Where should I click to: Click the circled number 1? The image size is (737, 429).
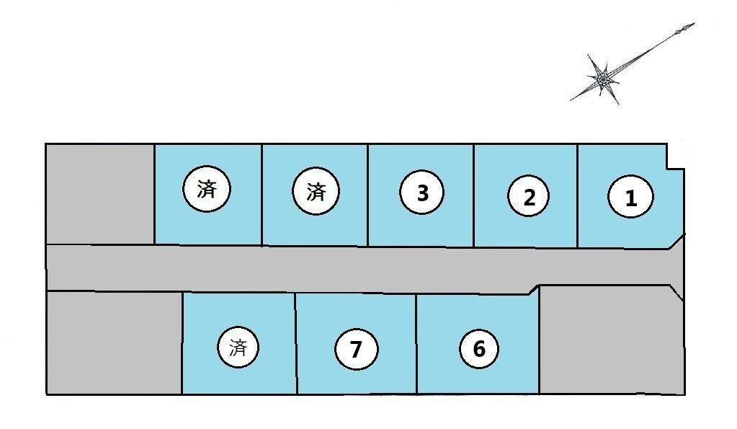click(x=630, y=197)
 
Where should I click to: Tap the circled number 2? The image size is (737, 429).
click(x=528, y=196)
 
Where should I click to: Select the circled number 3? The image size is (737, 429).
click(x=421, y=193)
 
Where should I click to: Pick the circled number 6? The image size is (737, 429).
click(x=478, y=348)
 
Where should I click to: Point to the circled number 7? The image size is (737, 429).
click(x=357, y=349)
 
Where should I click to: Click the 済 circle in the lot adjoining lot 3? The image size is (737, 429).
click(x=316, y=192)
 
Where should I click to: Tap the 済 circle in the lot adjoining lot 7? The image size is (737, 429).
click(x=238, y=348)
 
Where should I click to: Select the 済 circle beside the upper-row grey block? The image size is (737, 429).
click(x=207, y=189)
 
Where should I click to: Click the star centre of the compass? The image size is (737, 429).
click(x=602, y=79)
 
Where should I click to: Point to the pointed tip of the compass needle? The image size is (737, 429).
click(x=694, y=24)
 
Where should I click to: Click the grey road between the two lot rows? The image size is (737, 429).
click(x=357, y=269)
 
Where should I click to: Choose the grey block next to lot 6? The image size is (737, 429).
click(x=611, y=340)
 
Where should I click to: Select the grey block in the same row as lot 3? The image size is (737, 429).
click(x=100, y=194)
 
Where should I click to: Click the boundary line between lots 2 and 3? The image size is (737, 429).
click(x=474, y=195)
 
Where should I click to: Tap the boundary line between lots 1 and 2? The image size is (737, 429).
click(x=578, y=196)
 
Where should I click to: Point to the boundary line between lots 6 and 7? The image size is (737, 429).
click(x=416, y=344)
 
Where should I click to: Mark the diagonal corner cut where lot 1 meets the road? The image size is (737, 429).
click(x=676, y=241)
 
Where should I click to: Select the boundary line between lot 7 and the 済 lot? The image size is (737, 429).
click(x=297, y=343)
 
